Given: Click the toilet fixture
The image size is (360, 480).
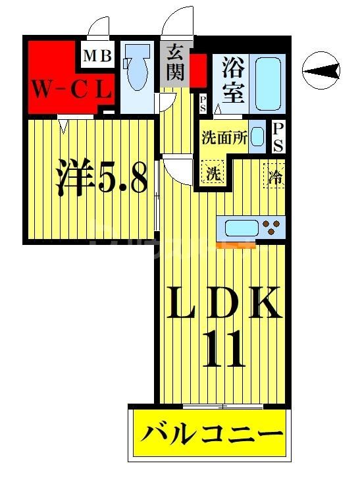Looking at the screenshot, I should click(136, 70).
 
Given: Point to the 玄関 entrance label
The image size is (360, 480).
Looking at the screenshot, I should click(175, 63).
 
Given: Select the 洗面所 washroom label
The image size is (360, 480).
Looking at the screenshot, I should click(224, 138).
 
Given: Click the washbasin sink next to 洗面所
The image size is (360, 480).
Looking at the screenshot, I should click(257, 137).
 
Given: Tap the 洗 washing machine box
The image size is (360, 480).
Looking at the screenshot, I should click(213, 174).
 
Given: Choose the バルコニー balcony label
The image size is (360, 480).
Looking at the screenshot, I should click(211, 434).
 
